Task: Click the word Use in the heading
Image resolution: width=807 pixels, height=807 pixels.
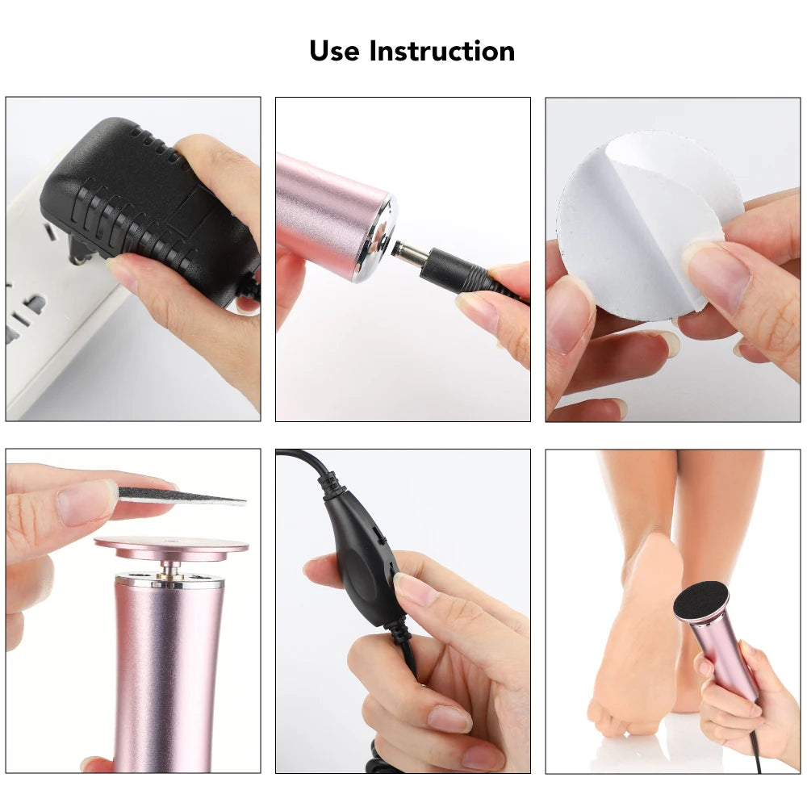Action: [x=335, y=51]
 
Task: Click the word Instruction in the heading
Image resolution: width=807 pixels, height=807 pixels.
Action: [x=441, y=51]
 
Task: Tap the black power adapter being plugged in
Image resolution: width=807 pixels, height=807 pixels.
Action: [x=129, y=194]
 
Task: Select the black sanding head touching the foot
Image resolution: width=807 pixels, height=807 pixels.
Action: [x=700, y=600]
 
